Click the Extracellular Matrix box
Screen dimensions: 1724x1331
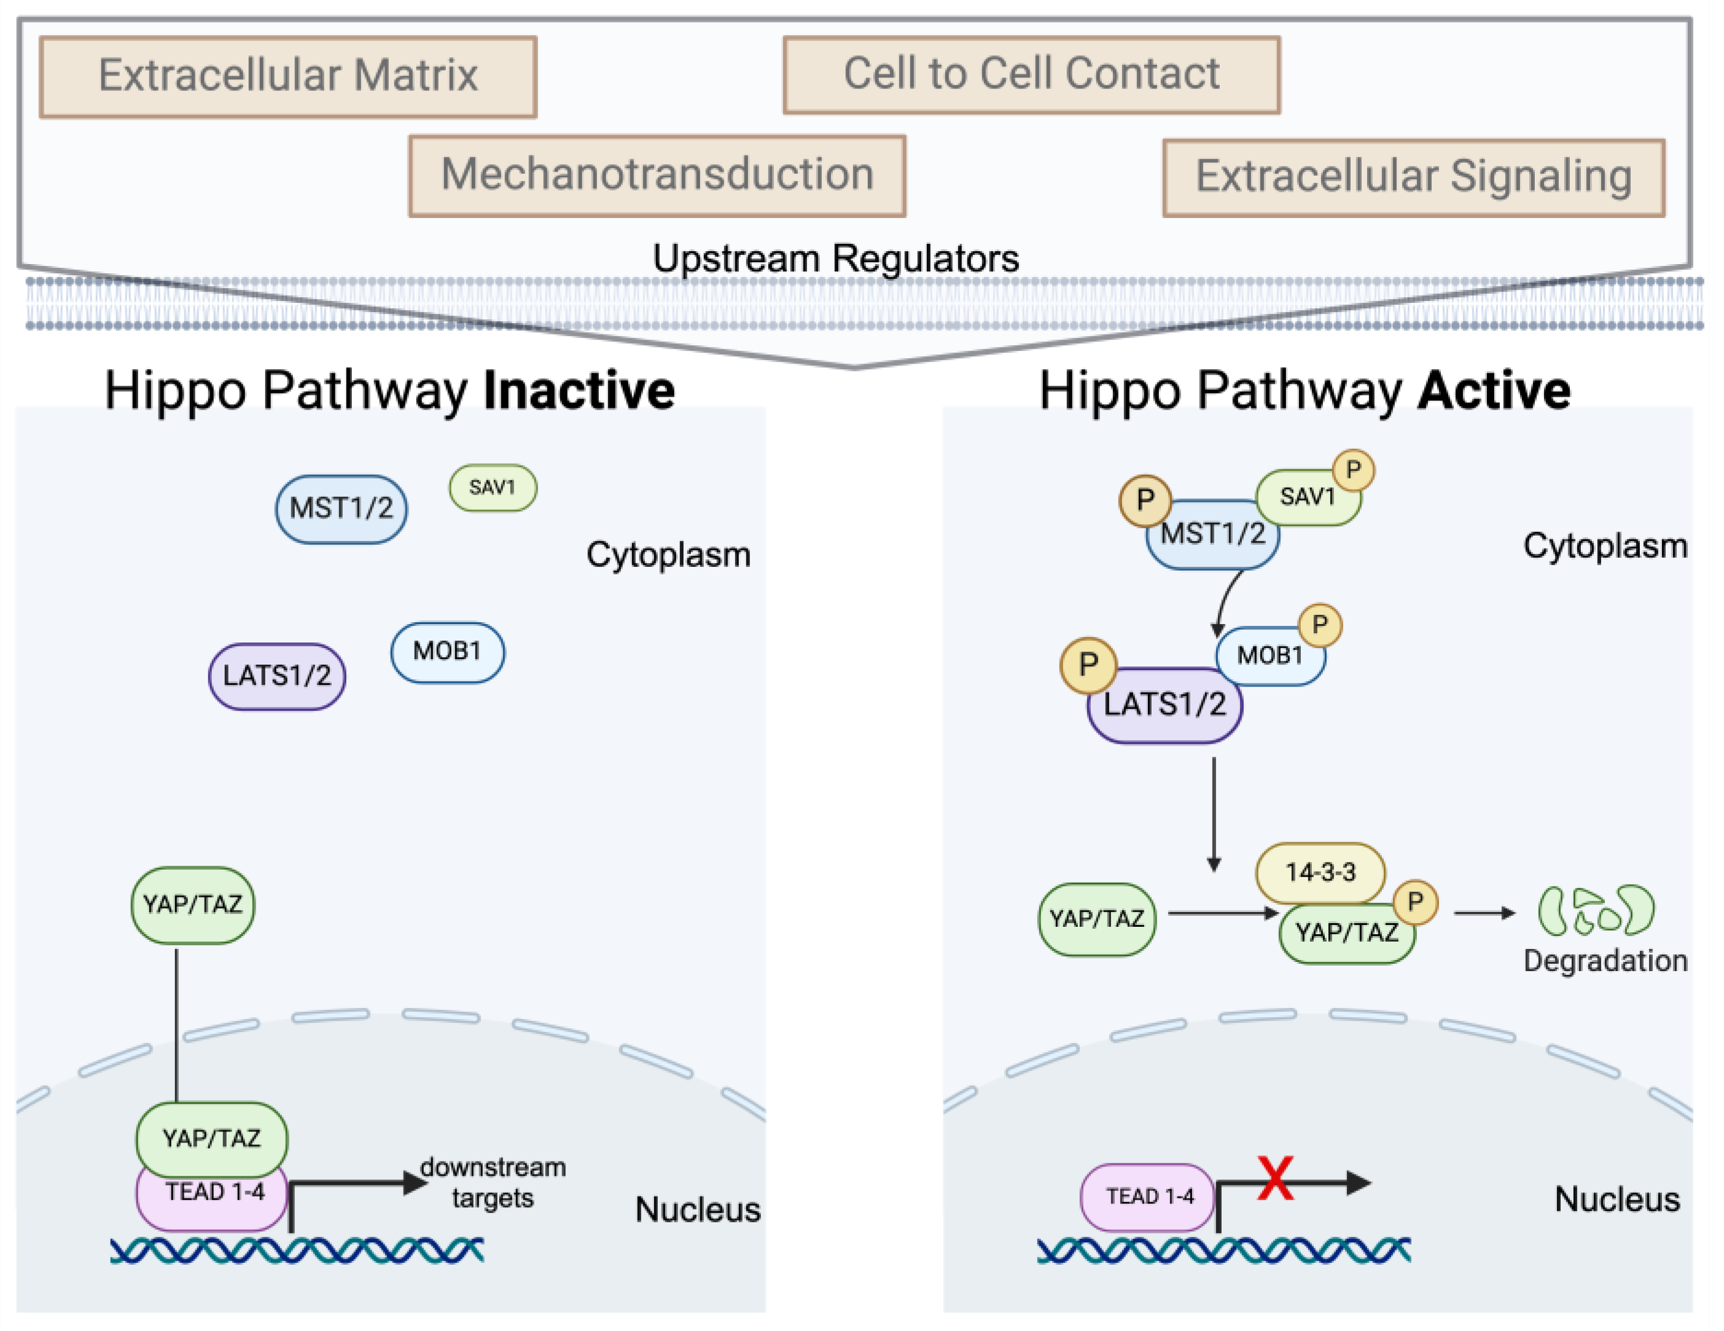(288, 77)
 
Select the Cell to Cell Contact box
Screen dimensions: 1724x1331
(1031, 74)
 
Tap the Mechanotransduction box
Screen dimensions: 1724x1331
(657, 175)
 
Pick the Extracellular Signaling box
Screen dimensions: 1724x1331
(1414, 177)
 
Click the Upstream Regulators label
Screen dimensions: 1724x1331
(836, 258)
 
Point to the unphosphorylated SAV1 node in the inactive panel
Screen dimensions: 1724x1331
(493, 487)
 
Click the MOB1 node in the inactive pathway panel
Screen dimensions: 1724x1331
(448, 652)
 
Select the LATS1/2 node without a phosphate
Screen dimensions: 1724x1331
(277, 676)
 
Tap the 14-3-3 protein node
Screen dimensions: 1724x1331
(1320, 872)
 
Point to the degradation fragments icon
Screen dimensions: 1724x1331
(1596, 910)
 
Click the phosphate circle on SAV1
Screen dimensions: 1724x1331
(1353, 470)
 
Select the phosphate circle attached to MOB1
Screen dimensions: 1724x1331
(1320, 625)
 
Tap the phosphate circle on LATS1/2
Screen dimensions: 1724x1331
(1088, 665)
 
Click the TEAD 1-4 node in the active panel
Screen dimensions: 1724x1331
(1148, 1197)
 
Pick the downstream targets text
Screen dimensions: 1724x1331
(493, 1182)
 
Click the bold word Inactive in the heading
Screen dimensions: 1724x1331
(579, 390)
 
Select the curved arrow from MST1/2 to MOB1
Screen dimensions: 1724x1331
(1225, 601)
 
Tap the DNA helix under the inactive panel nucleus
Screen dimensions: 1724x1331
(297, 1251)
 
